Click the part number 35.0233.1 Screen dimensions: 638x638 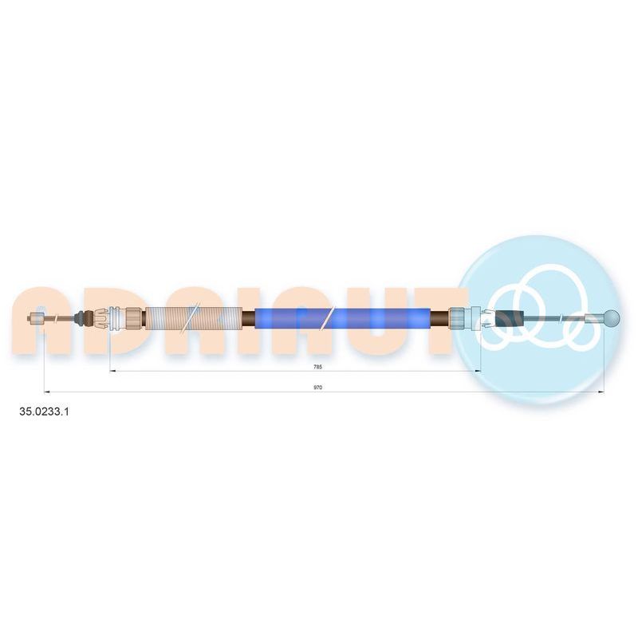pos(45,412)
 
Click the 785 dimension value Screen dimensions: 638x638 pos(317,367)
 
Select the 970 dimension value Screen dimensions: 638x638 pos(317,388)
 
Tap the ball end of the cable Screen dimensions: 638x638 pos(612,317)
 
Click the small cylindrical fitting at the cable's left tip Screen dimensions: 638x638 pos(37,317)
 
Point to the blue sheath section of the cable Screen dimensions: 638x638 pos(343,317)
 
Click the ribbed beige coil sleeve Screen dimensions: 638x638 pos(193,317)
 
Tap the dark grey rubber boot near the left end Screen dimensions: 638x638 pos(85,317)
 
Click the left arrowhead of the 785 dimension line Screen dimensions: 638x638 pos(112,371)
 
